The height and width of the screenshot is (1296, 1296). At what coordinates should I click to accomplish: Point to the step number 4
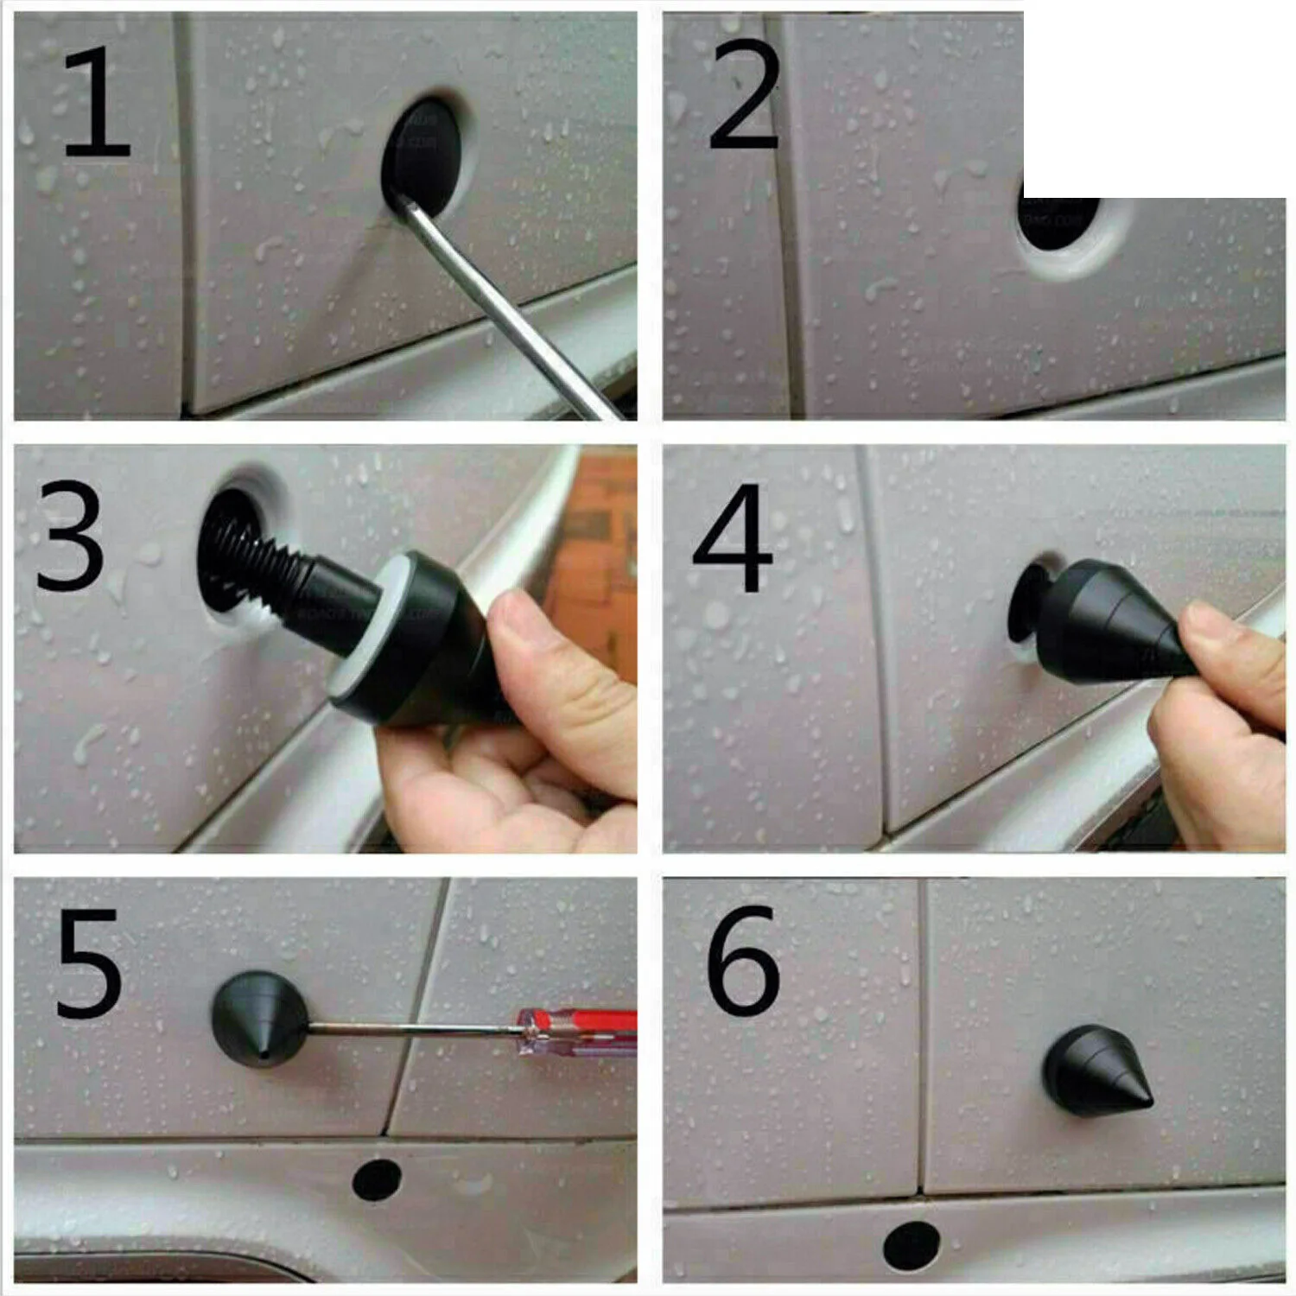(733, 538)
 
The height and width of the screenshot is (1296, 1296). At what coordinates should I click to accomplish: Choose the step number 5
(89, 962)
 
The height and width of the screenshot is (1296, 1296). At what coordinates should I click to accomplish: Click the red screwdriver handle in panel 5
(577, 1030)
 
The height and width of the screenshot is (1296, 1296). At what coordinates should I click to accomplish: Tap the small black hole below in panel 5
(377, 1180)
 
